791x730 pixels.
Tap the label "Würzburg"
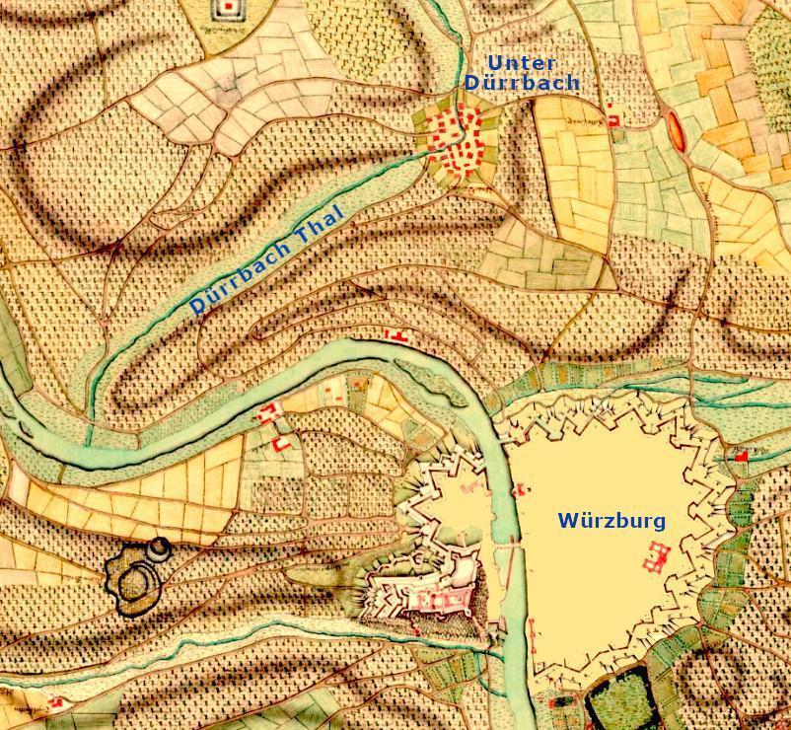(611, 520)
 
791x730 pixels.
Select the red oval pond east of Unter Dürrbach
(675, 129)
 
